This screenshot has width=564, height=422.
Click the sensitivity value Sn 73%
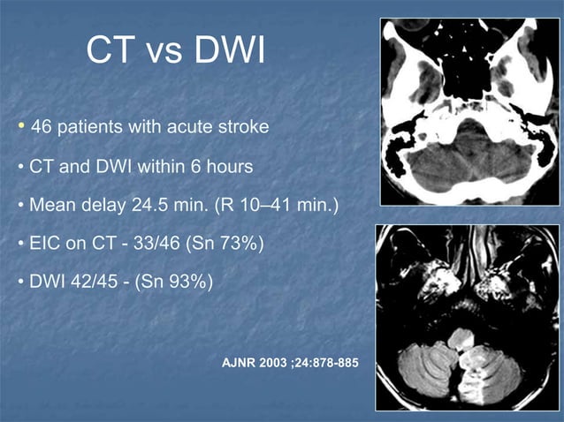click(225, 243)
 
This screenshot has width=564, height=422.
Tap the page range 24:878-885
click(328, 365)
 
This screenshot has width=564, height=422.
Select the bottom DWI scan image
click(467, 316)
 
